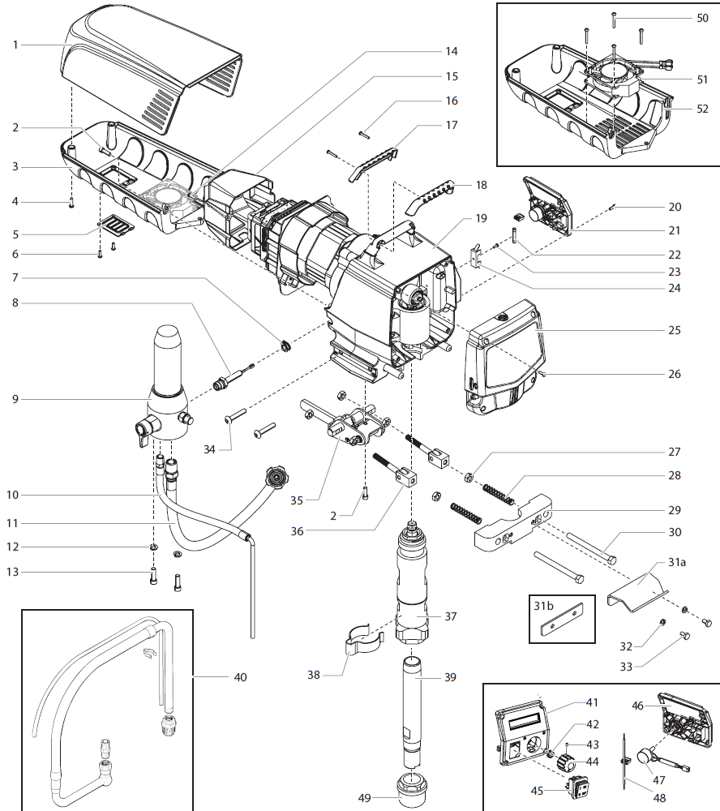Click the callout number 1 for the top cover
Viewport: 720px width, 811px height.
[x=15, y=45]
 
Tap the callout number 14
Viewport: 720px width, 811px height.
[x=451, y=51]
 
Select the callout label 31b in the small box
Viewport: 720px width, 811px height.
[x=543, y=604]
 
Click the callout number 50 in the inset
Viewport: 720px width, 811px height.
[x=701, y=17]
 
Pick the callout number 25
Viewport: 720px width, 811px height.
[x=675, y=330]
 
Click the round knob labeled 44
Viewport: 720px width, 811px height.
[x=570, y=763]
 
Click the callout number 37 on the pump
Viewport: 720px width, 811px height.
[x=452, y=616]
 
